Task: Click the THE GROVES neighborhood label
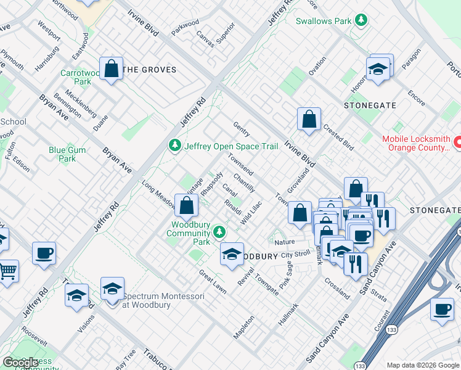pyautogui.click(x=150, y=70)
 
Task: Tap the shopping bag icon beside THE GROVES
pyautogui.click(x=112, y=70)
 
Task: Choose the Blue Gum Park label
pyautogui.click(x=62, y=154)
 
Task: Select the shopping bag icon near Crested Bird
pyautogui.click(x=309, y=120)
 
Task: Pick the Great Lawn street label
pyautogui.click(x=212, y=281)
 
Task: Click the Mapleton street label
pyautogui.click(x=244, y=327)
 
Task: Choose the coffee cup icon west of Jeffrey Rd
pyautogui.click(x=44, y=253)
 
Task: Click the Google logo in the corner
pyautogui.click(x=21, y=363)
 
